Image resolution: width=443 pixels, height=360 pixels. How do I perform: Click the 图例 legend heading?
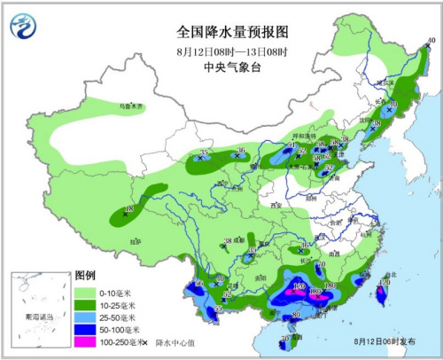85,277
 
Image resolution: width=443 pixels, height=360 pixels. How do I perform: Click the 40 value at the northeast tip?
431,42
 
